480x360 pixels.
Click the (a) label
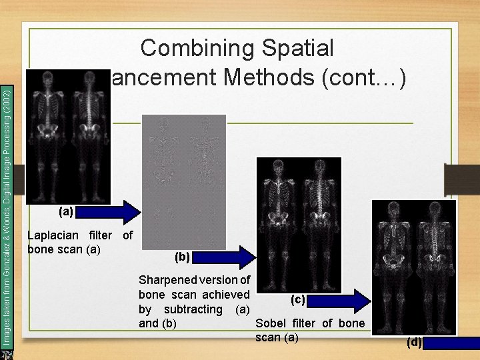tap(65, 212)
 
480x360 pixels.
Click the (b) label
tap(182, 257)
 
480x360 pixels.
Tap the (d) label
tap(414, 343)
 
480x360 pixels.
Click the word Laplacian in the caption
tap(54, 235)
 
